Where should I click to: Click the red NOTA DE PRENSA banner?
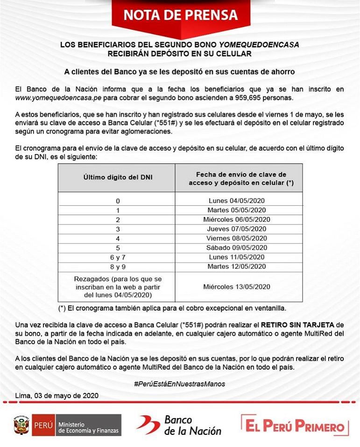(180, 15)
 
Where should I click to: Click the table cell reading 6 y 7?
(118, 257)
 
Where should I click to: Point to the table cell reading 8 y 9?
(118, 266)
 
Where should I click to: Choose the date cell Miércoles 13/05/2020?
(237, 286)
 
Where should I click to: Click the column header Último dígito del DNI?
(118, 177)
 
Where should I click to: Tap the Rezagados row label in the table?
(118, 286)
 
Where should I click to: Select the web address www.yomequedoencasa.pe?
(58, 98)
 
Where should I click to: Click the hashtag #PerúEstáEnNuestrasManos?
(180, 384)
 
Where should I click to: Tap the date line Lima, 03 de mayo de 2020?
(57, 396)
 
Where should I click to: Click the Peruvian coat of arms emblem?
(21, 425)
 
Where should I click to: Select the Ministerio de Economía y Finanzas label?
(88, 426)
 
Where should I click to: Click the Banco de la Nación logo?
(179, 425)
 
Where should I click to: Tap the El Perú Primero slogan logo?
(295, 425)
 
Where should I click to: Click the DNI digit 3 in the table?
(118, 229)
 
